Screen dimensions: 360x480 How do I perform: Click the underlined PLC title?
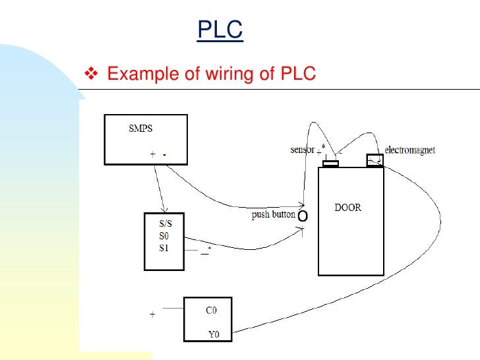tap(220, 30)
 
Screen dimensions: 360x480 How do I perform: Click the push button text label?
tap(273, 214)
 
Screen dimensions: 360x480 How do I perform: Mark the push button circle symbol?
tap(303, 216)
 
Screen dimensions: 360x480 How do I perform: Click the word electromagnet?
tap(410, 150)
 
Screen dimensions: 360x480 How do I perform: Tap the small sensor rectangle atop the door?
tap(330, 164)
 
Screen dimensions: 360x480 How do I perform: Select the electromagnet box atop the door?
tap(375, 161)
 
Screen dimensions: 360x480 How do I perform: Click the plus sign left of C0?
tap(152, 315)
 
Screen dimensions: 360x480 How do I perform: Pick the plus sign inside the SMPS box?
tap(153, 154)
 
